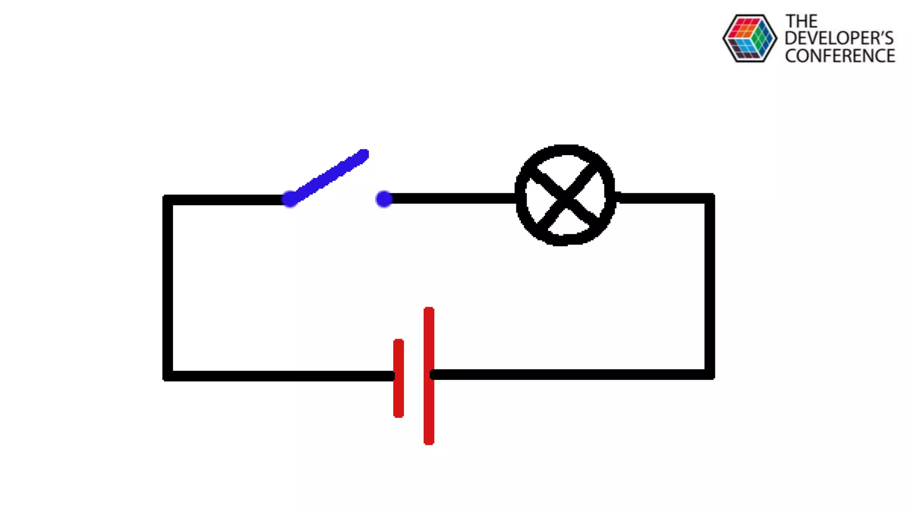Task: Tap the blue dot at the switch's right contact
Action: [384, 199]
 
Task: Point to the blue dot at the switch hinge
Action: [290, 199]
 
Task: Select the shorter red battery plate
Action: [399, 378]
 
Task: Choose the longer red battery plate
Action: [429, 376]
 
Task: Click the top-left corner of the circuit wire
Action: [168, 200]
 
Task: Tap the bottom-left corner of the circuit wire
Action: [168, 376]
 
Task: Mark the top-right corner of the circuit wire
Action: [709, 199]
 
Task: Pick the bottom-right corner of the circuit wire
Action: [709, 374]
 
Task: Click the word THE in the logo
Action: [801, 21]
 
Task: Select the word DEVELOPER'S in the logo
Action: [839, 38]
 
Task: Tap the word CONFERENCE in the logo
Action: [840, 56]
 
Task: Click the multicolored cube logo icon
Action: [750, 38]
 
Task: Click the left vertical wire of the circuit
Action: [168, 289]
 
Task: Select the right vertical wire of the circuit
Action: [709, 287]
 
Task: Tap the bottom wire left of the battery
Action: [280, 376]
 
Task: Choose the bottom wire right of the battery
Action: [569, 374]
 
